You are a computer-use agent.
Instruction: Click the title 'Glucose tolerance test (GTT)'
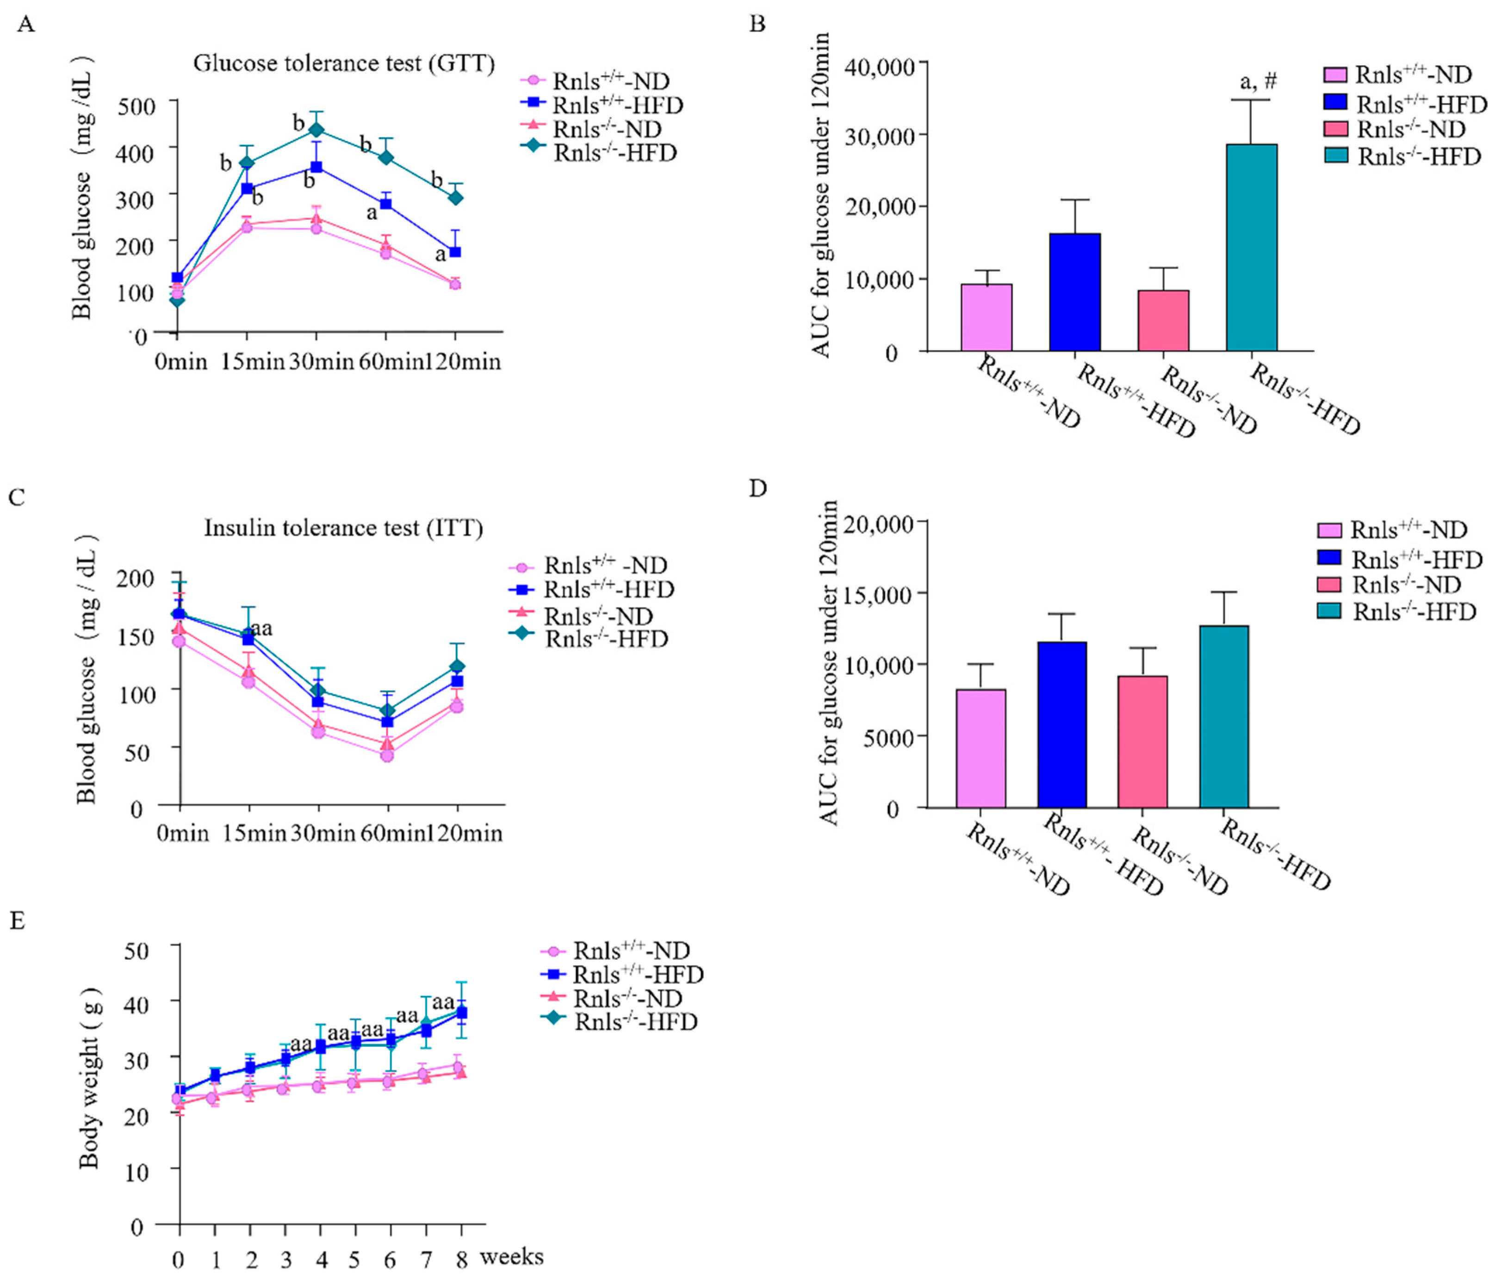343,63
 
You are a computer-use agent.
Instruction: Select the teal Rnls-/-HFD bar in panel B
1251,247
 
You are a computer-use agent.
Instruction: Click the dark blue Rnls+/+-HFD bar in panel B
1074,292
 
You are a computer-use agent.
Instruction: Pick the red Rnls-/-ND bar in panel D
1142,741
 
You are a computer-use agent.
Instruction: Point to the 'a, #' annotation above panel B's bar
1258,81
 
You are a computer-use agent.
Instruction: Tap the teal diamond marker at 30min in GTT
316,130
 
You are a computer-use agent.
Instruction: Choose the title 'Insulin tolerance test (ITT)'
343,528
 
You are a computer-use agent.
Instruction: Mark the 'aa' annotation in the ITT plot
261,628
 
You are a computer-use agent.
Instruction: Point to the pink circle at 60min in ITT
387,755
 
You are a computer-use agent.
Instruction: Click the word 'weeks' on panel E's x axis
512,1257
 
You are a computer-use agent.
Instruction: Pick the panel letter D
757,489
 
